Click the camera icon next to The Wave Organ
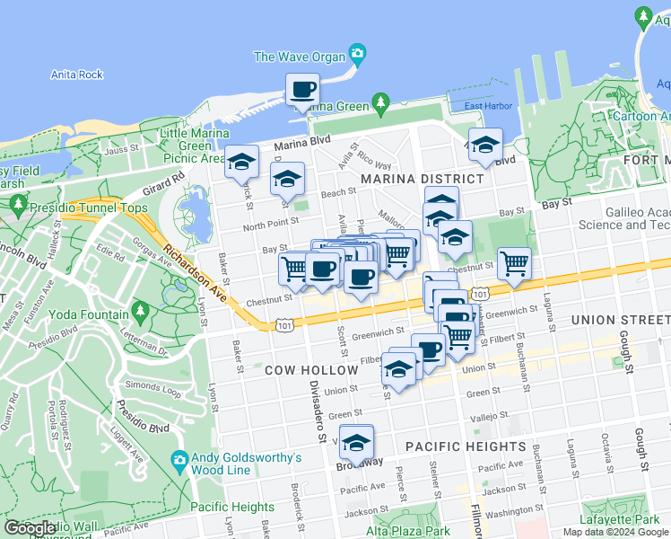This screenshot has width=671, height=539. point(358,55)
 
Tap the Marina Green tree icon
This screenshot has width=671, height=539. point(381,104)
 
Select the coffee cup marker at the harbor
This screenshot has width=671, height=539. point(302,90)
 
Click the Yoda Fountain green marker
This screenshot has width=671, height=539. point(139,311)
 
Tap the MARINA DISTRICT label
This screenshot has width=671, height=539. point(422,179)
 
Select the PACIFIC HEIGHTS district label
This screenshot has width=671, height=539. point(465,446)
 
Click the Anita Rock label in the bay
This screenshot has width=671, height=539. point(77,75)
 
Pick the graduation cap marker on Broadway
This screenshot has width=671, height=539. point(357,443)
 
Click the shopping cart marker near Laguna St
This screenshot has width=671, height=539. point(514,264)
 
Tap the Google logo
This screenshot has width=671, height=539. point(30,528)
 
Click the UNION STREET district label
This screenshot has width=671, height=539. point(619,320)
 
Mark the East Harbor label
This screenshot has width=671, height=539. point(488,106)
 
